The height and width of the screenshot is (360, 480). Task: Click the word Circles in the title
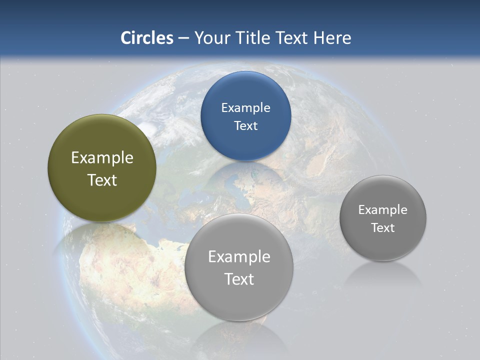pos(147,38)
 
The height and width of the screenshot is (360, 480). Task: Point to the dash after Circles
pos(183,38)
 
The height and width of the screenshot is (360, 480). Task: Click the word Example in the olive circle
pos(102,158)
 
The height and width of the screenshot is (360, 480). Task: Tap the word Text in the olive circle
pos(102,180)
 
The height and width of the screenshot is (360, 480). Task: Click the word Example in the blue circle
pos(245,108)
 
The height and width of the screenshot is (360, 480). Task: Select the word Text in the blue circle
pos(245,126)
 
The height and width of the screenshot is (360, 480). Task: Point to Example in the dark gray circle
pos(383,210)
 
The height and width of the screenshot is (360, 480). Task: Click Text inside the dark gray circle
pos(383,228)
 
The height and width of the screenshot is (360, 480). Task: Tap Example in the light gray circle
pos(239,257)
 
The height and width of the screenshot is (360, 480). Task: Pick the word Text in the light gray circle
pos(239,279)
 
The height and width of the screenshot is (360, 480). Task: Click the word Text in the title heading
pos(292,38)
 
